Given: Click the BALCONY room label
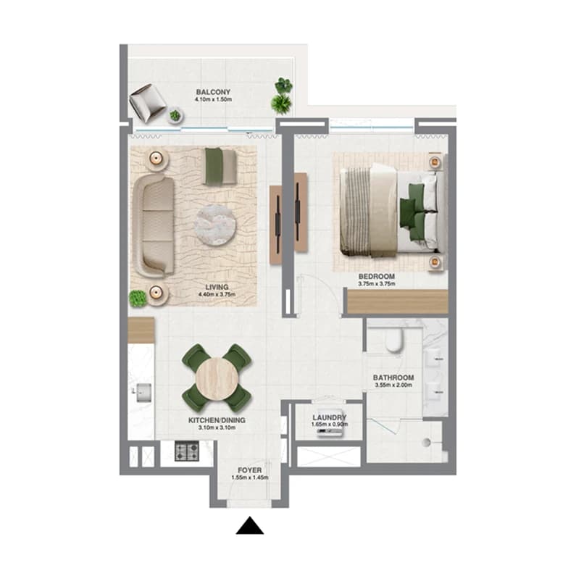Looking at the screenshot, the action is click(x=213, y=92).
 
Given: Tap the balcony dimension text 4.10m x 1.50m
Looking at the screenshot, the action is click(x=213, y=99).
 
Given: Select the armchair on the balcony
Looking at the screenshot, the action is click(x=147, y=102).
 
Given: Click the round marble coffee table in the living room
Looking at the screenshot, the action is click(x=215, y=225).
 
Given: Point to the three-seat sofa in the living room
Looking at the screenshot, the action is click(x=154, y=226).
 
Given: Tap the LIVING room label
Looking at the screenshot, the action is click(x=217, y=287).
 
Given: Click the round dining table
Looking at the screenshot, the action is click(x=217, y=378).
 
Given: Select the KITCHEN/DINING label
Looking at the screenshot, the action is click(x=217, y=420).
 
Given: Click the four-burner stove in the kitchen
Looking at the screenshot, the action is click(x=187, y=451).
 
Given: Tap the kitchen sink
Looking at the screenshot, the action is click(x=143, y=393).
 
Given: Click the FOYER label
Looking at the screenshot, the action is click(x=250, y=470).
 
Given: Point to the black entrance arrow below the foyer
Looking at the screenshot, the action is click(x=250, y=525).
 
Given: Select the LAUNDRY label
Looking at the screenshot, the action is click(x=330, y=417).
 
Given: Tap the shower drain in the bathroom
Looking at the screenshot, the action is click(x=426, y=442).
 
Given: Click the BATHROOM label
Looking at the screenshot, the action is click(x=393, y=377).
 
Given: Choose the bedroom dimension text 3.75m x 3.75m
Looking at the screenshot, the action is click(x=377, y=284).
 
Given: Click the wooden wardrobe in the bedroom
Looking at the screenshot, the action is click(x=398, y=301).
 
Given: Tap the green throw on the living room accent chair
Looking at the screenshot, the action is click(x=212, y=166).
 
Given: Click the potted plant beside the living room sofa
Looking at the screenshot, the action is click(x=138, y=299).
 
